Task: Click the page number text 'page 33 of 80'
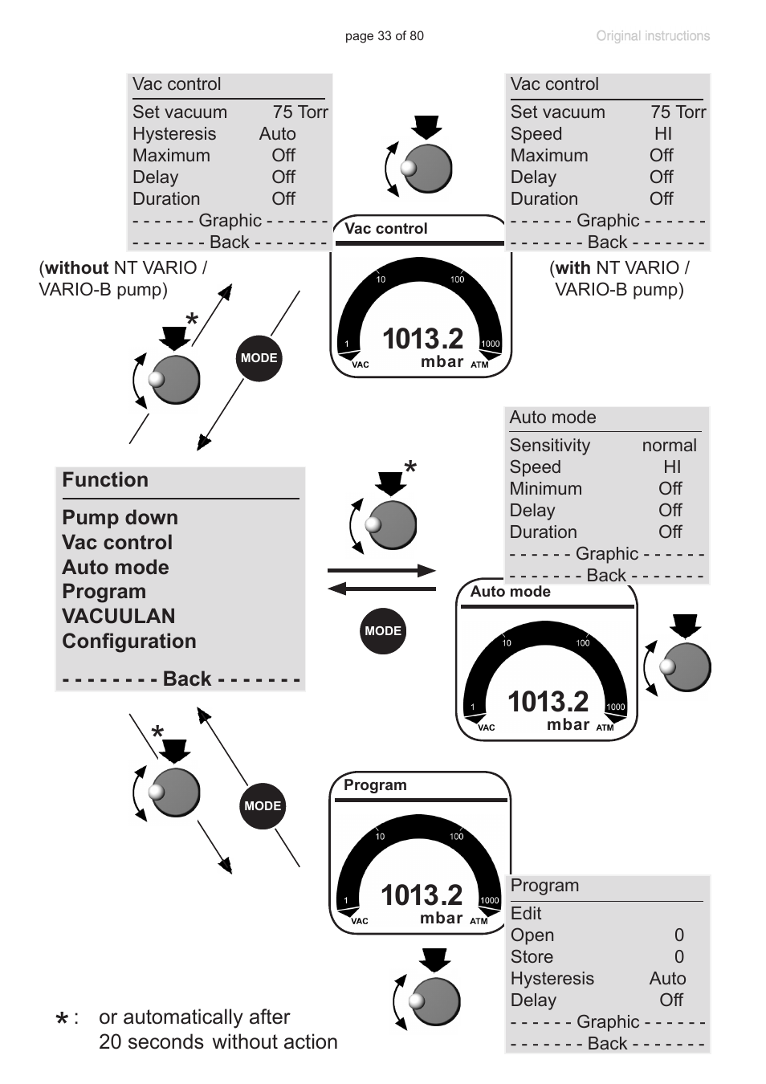pos(384,36)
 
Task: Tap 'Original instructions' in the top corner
pos(652,36)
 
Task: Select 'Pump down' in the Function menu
pos(120,518)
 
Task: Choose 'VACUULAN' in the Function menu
pos(118,617)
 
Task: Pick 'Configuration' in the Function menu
pos(128,642)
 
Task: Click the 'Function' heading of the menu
pos(105,480)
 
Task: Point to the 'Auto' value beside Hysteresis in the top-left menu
pos(277,134)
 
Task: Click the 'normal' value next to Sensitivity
pos(669,446)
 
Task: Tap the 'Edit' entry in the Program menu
pos(526,914)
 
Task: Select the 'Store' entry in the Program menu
pos(532,957)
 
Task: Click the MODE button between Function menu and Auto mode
pos(383,631)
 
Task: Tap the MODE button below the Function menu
pos(263,806)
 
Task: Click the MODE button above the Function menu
pos(259,358)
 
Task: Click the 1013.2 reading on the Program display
pos(422,895)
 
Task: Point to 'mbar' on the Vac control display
pos(442,362)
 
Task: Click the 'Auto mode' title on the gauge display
pos(511,592)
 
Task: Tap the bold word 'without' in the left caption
pos(76,268)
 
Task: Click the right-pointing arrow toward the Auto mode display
pos(381,571)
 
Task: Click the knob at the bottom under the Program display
pos(434,1001)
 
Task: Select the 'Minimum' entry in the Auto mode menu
pos(545,489)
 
